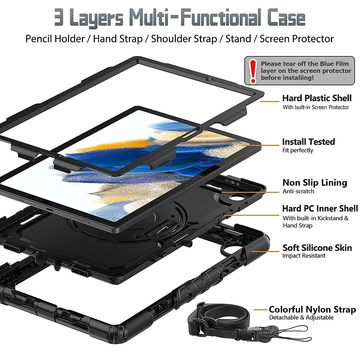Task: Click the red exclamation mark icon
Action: tap(253, 71)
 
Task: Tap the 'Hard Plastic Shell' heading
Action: tap(317, 98)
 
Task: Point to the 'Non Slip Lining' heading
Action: tap(315, 182)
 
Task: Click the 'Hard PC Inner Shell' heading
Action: tap(320, 208)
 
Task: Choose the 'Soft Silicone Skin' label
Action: tap(317, 248)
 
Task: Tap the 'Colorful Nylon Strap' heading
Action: tap(312, 310)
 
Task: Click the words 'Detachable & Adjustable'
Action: tap(301, 318)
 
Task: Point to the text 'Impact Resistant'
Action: tap(304, 256)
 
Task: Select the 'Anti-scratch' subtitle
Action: tap(298, 191)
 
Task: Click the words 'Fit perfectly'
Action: tap(298, 150)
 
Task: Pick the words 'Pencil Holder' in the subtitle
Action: tap(55, 39)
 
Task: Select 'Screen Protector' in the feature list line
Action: tap(296, 39)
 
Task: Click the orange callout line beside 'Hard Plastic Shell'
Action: tap(270, 101)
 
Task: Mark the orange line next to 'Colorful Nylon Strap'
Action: tap(260, 310)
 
